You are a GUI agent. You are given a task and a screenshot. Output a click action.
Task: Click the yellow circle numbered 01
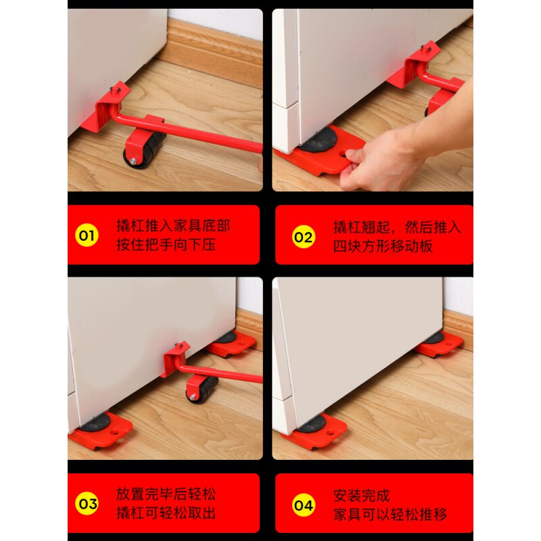coord(87,235)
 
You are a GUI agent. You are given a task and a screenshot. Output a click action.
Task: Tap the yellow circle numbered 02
coord(304,237)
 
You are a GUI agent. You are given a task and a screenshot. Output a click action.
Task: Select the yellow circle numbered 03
coord(87,503)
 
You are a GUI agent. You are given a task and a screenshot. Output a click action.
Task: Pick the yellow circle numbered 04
coord(304,505)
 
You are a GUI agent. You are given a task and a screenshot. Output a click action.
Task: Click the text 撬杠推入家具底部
coord(173,226)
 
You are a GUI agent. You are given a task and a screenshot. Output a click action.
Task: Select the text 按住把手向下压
coord(166,245)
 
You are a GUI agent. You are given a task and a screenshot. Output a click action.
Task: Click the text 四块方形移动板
coord(383,246)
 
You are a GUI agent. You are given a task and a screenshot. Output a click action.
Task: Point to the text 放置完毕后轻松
coord(166,494)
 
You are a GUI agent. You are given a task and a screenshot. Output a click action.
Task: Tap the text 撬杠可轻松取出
coord(166,513)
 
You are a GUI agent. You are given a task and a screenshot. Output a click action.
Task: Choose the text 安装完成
coord(361,496)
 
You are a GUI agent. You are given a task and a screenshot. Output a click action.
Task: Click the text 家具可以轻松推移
coord(390,515)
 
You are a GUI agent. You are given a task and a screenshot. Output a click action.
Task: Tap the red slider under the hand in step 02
coord(319,151)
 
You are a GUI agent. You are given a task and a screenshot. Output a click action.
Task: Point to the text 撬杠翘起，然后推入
coord(397,227)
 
